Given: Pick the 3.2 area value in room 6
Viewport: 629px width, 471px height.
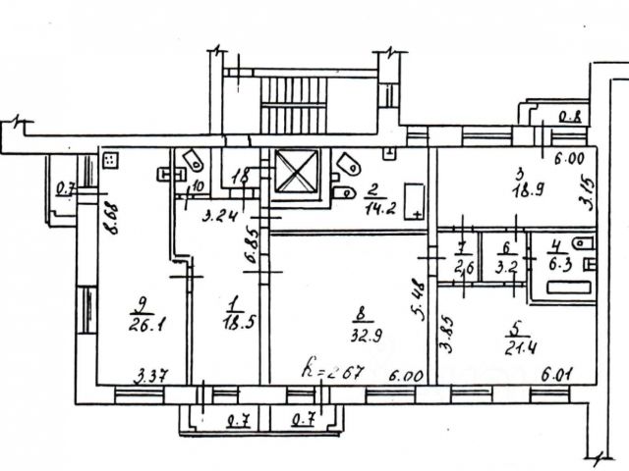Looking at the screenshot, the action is [506, 264].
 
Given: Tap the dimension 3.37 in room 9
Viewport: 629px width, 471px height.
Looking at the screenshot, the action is [147, 373].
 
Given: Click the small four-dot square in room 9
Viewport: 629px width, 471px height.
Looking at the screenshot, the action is [110, 159].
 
